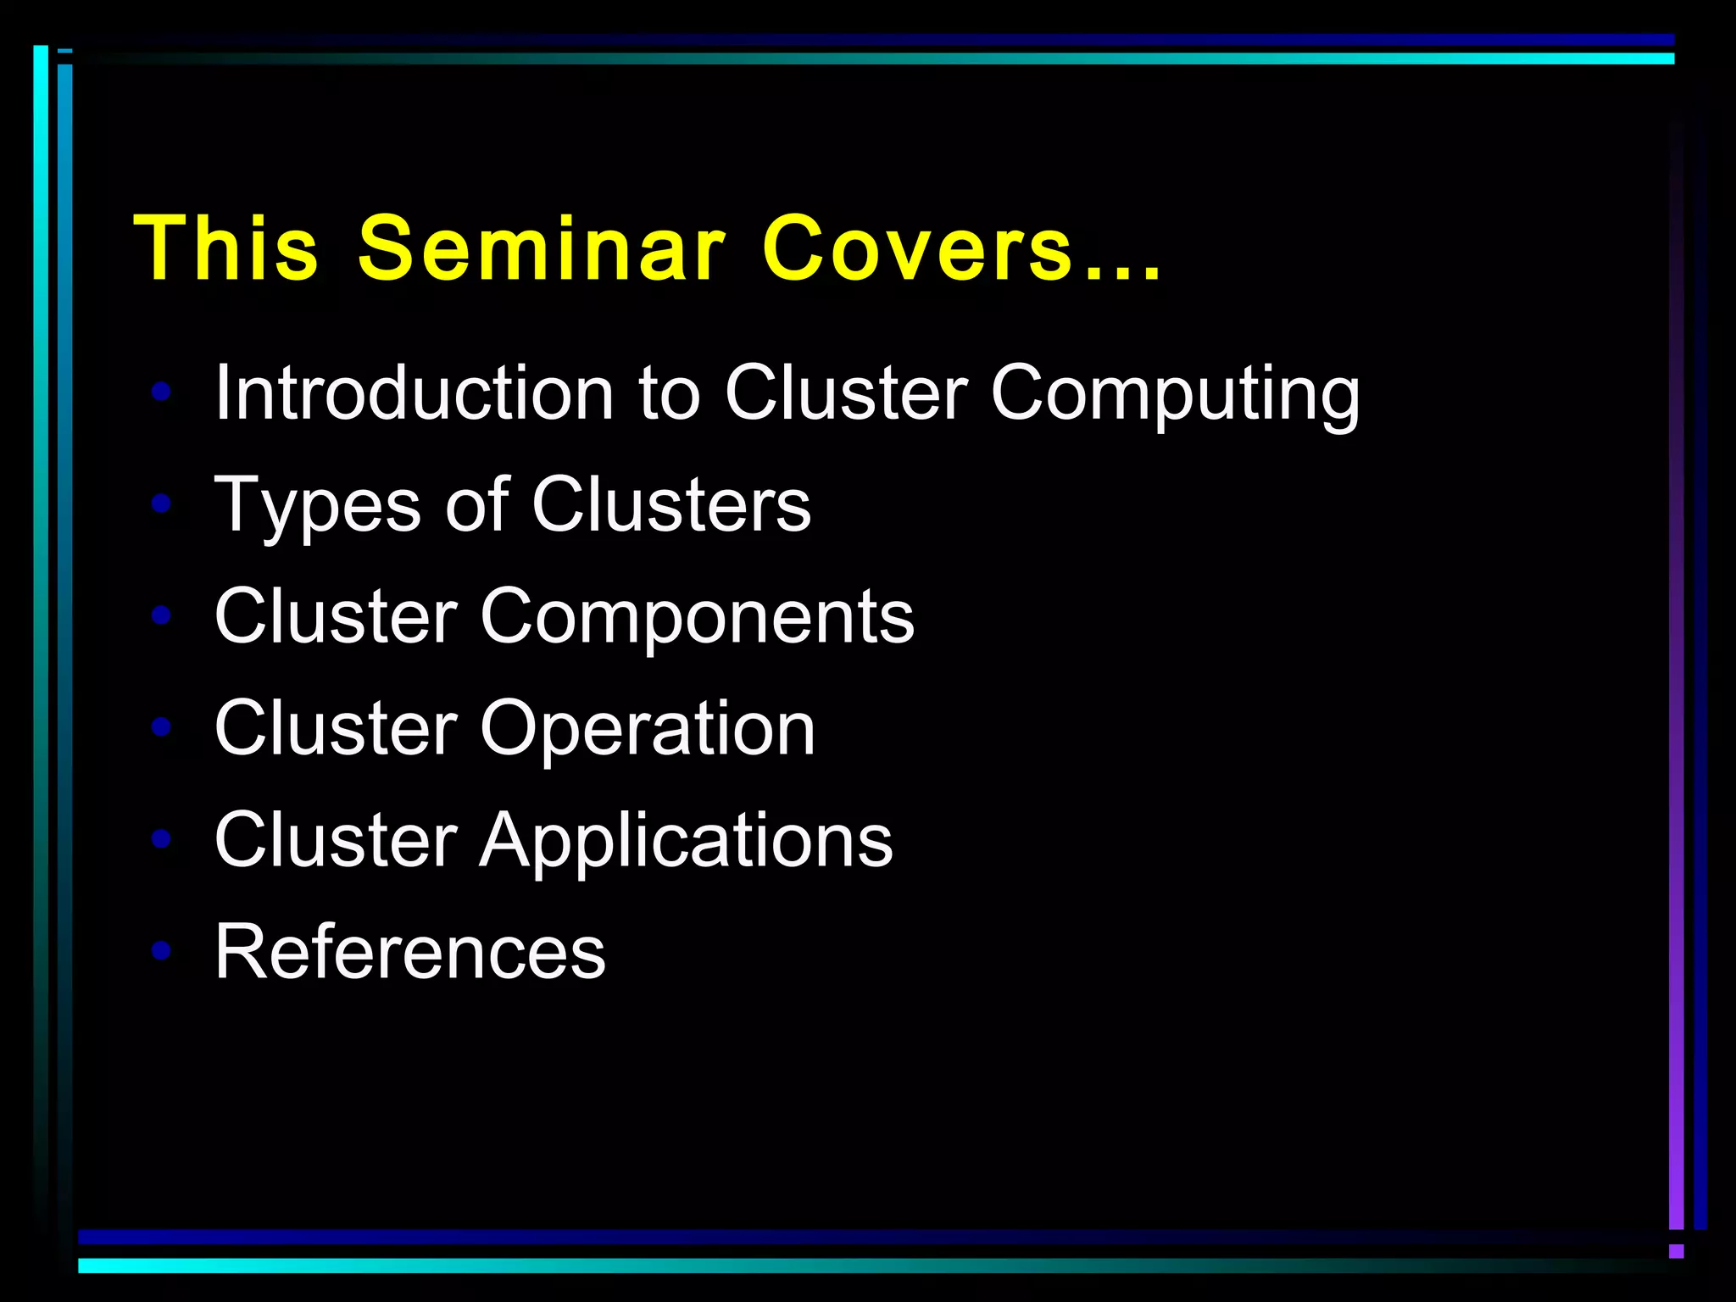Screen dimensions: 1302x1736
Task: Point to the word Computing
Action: click(x=1175, y=394)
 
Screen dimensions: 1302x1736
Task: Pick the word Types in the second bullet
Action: click(x=317, y=506)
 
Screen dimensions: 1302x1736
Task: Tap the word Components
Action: click(x=697, y=618)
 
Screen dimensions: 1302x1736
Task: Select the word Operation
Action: click(x=648, y=730)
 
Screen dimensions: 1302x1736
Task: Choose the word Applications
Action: click(x=686, y=841)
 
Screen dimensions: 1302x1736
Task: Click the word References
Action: click(x=410, y=952)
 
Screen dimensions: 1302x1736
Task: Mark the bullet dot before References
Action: click(x=161, y=950)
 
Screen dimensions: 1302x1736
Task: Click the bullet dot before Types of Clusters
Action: click(x=161, y=504)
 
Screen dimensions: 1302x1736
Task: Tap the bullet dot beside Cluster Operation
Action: click(x=161, y=726)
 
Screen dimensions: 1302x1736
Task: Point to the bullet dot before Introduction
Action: click(x=161, y=392)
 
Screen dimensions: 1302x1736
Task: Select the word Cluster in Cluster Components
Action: click(x=336, y=616)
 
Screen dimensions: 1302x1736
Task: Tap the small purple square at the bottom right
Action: click(x=1676, y=1251)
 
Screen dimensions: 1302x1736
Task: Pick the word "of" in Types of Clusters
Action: click(x=477, y=504)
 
